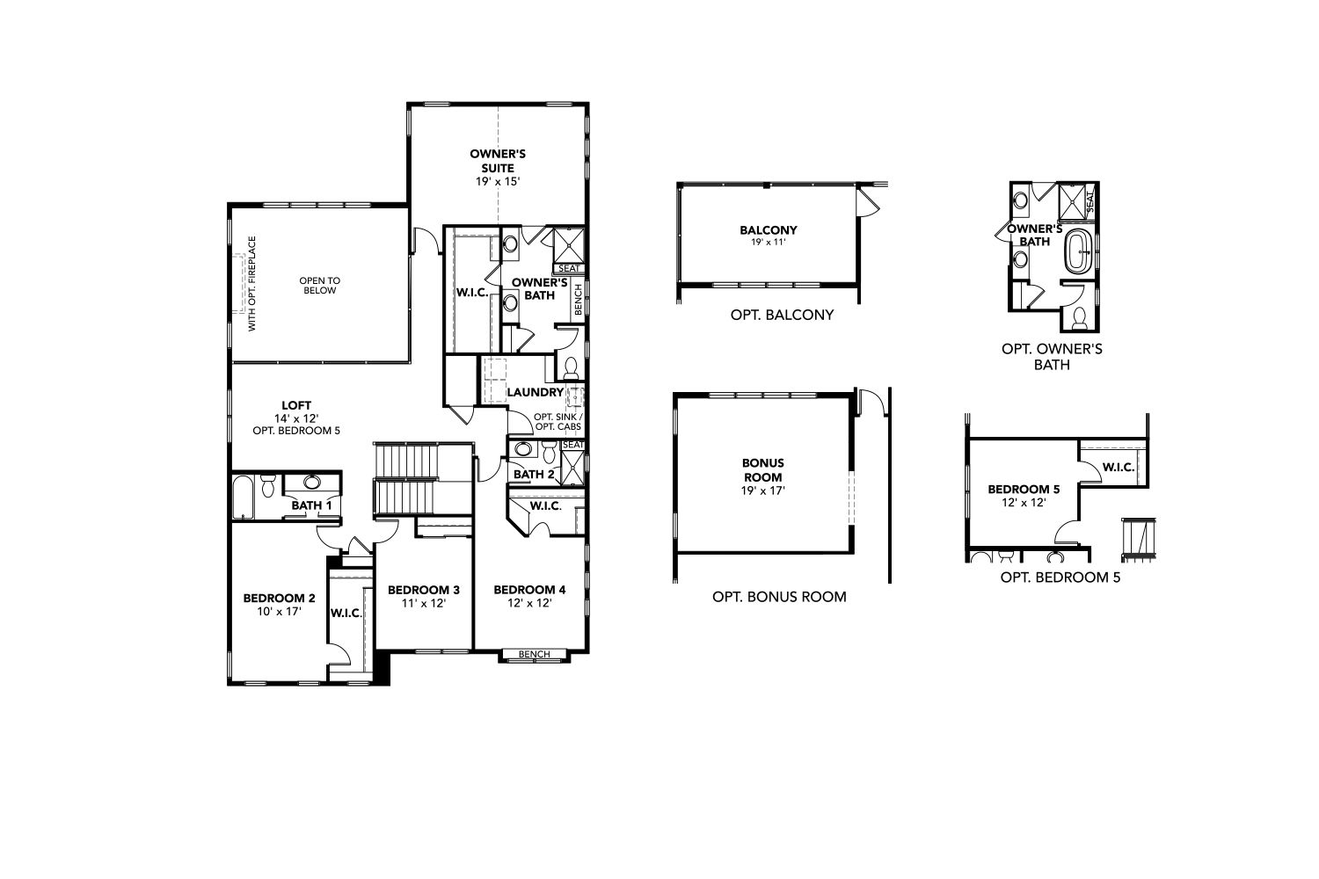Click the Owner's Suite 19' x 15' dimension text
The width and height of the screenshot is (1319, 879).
point(498,181)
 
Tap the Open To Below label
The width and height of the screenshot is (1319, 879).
point(320,286)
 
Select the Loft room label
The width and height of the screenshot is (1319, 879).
point(296,405)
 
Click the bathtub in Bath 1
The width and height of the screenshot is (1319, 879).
point(242,497)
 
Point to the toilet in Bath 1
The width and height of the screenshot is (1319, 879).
point(268,486)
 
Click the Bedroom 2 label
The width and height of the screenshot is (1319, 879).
point(279,599)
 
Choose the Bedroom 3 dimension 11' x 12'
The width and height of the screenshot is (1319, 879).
point(423,603)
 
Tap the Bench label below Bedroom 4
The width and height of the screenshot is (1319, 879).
point(534,654)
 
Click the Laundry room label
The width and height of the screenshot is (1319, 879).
point(535,392)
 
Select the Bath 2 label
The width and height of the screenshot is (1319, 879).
point(534,474)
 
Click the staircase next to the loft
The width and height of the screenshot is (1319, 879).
point(406,478)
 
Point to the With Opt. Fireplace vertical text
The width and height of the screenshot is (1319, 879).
point(252,284)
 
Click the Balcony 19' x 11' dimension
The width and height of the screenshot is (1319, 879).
point(769,242)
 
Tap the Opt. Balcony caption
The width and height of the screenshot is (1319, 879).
point(782,315)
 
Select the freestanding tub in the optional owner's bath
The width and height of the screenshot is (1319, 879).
point(1077,251)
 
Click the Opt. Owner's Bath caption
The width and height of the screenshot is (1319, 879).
point(1052,356)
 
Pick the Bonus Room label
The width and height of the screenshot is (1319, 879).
point(762,469)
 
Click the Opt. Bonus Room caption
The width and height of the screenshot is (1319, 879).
point(779,596)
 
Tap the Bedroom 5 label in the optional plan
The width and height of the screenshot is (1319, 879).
point(1024,490)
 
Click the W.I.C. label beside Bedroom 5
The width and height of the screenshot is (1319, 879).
point(1119,468)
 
